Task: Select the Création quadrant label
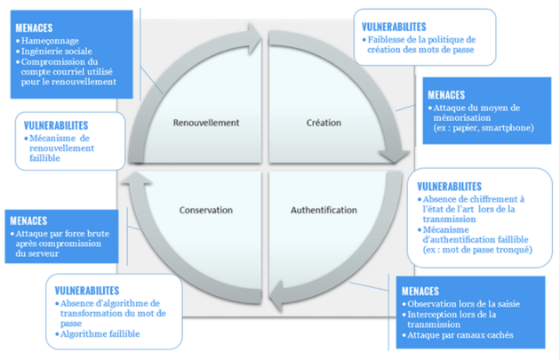324,122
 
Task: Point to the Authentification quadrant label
324,211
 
